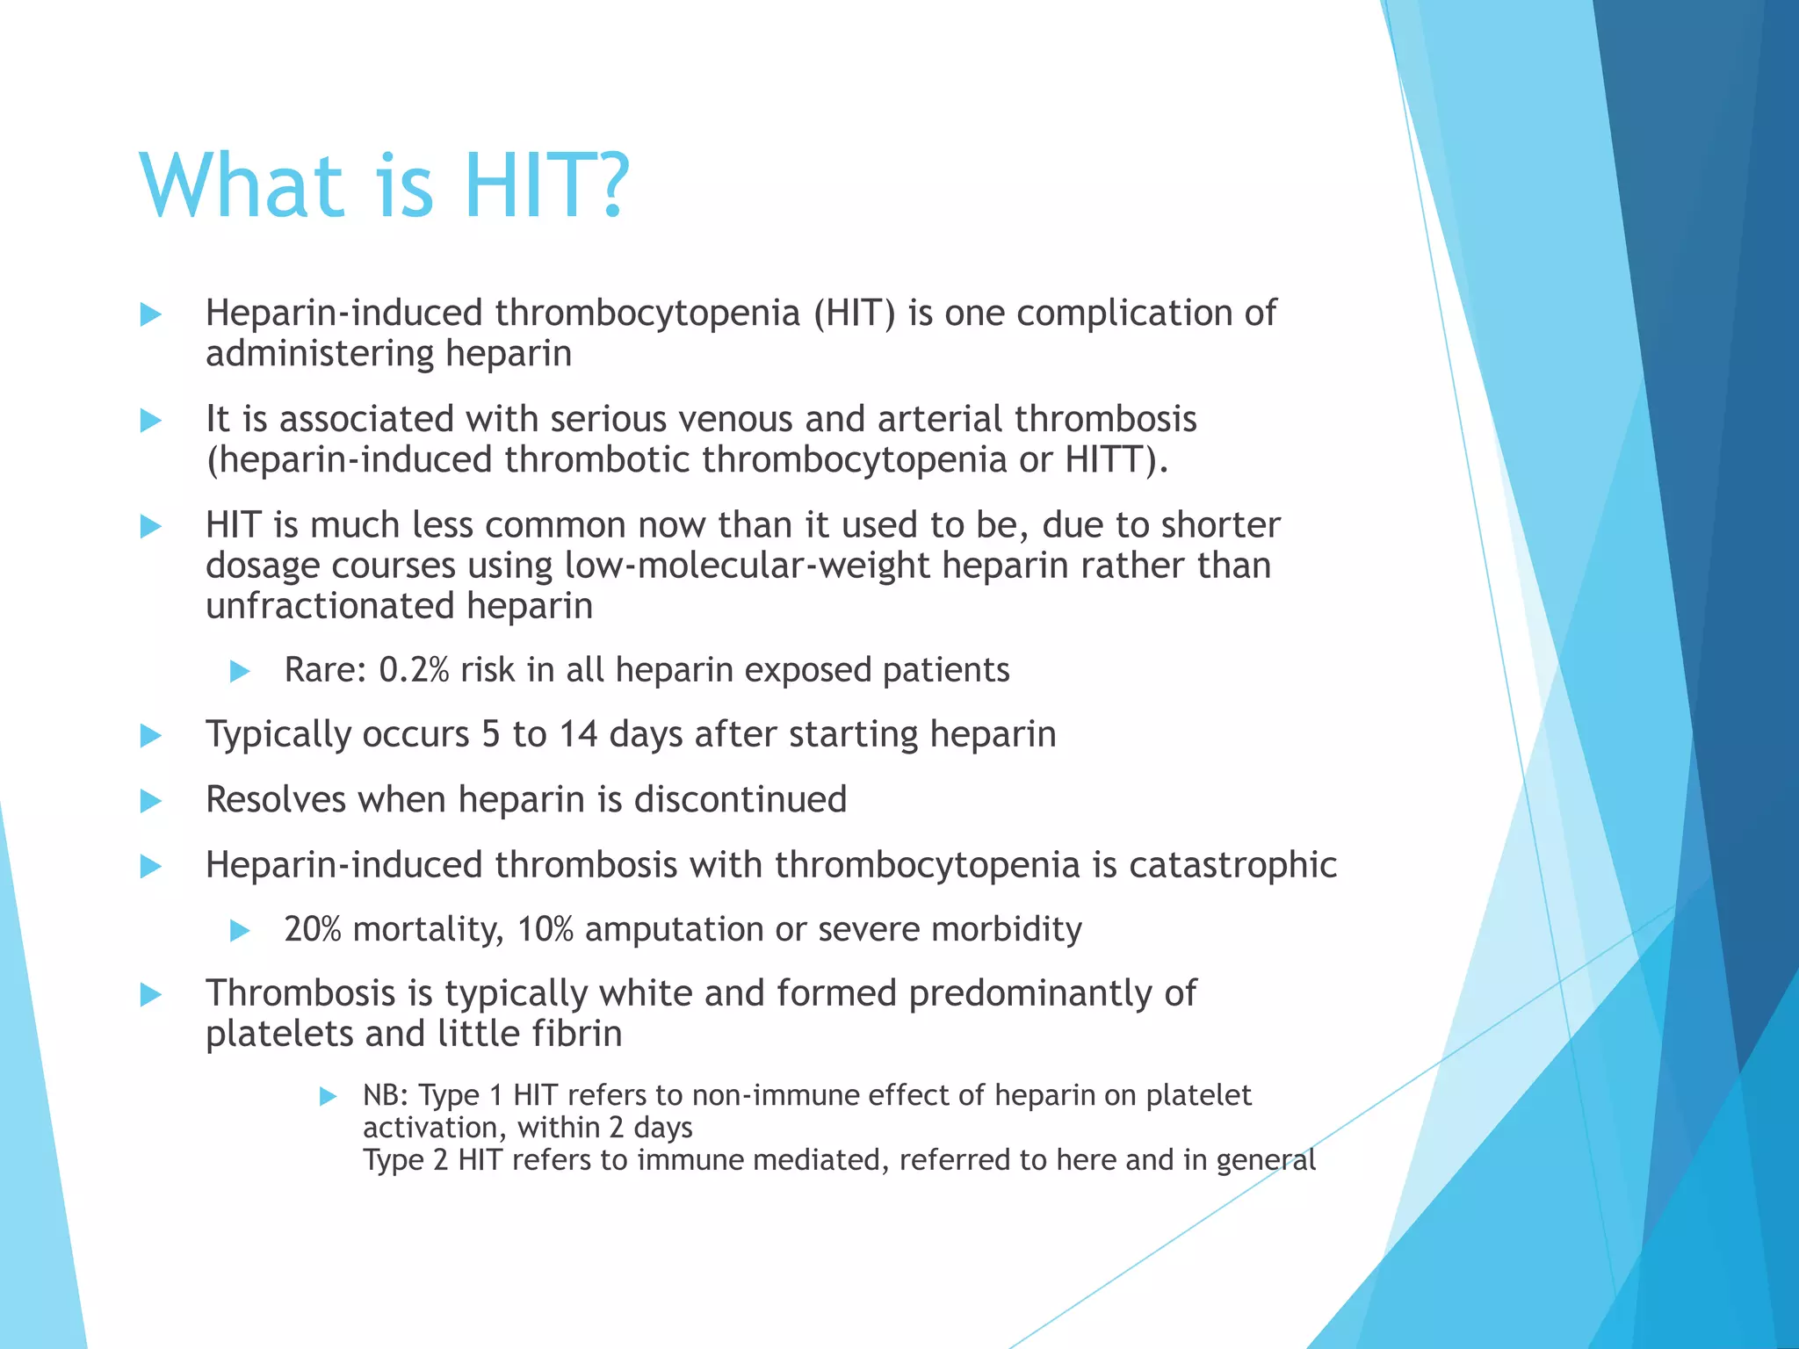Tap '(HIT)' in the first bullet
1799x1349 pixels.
click(854, 314)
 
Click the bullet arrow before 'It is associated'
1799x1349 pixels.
click(151, 421)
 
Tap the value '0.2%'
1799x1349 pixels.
click(414, 670)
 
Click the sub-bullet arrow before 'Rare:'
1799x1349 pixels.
click(240, 672)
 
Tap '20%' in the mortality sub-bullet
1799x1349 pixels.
click(312, 929)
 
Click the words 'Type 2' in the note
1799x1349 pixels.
click(405, 1160)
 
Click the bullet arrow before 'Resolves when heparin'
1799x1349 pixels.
click(151, 801)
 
